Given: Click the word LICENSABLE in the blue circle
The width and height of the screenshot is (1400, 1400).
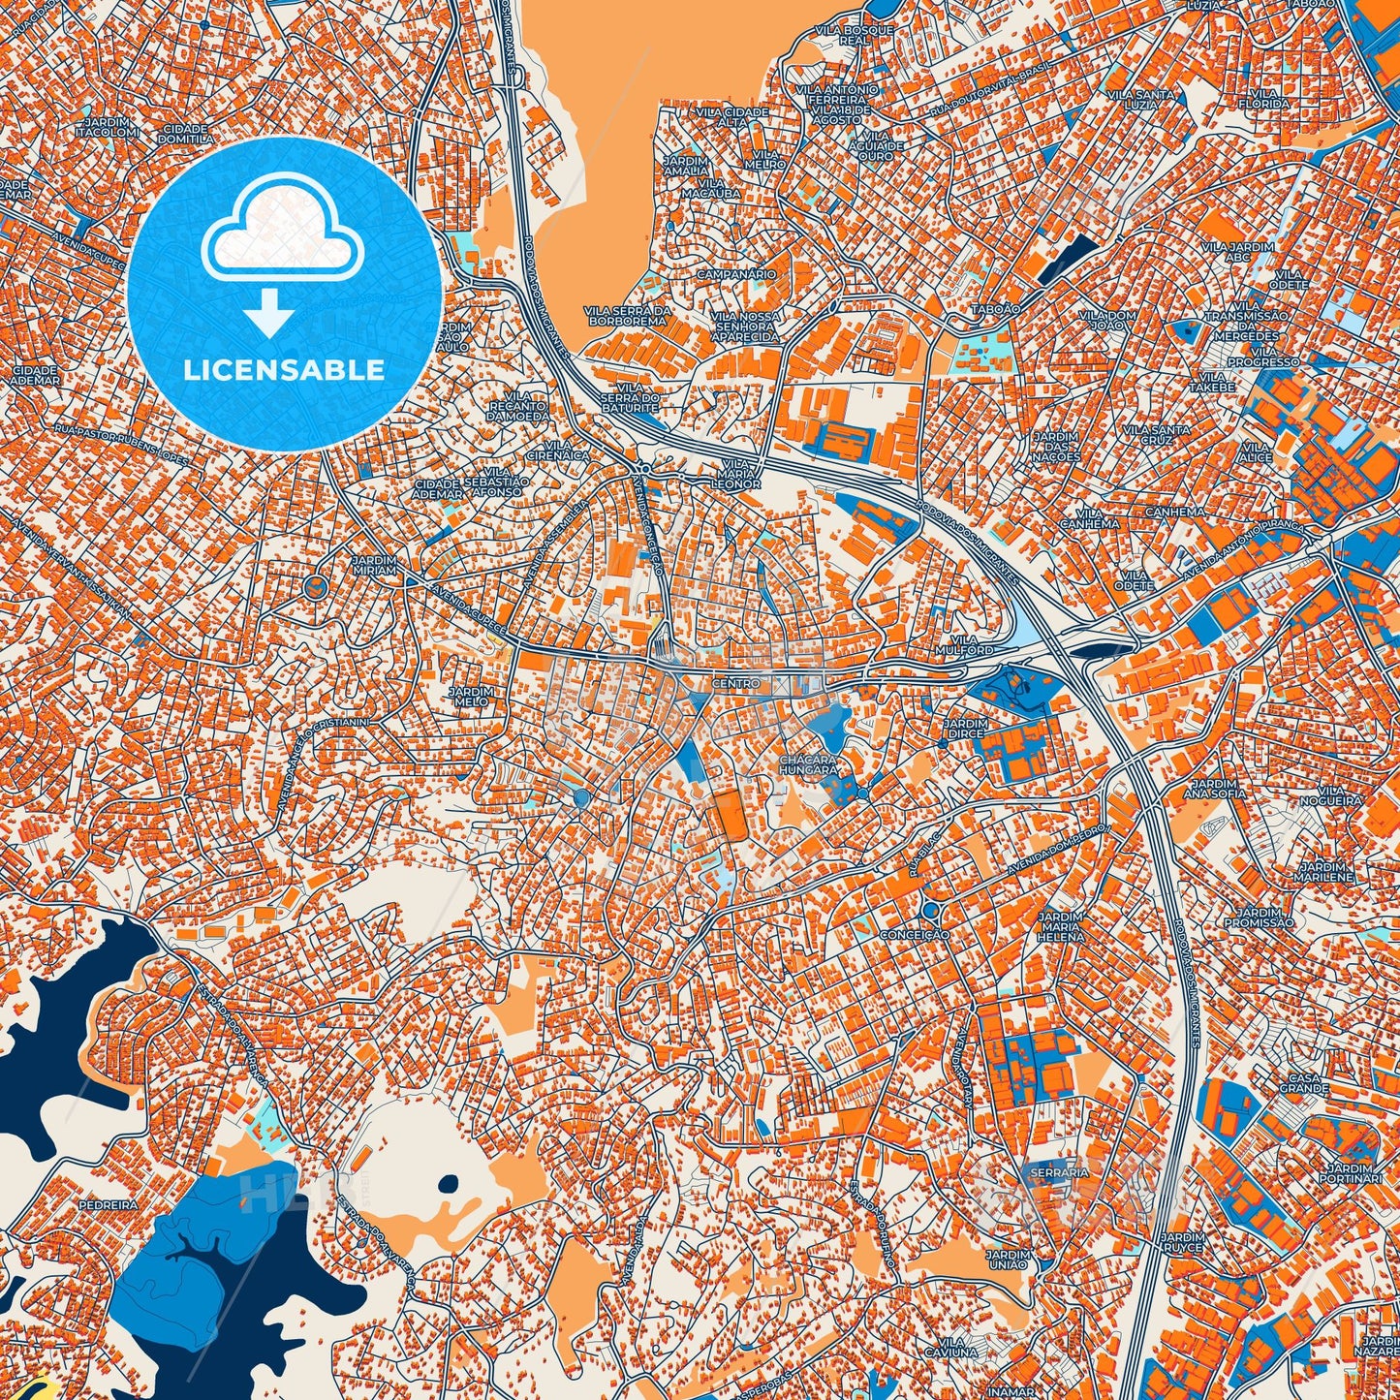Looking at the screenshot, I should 284,370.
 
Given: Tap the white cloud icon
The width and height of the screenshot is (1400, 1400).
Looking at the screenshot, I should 282,232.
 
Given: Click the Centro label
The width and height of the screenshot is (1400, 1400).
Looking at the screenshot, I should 736,684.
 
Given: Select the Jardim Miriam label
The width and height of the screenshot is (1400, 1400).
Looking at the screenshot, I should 374,566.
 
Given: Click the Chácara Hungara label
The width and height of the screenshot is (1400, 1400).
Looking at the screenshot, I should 808,764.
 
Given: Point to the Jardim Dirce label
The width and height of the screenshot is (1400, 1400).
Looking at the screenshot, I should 965,729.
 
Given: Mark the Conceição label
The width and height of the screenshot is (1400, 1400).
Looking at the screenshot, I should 915,935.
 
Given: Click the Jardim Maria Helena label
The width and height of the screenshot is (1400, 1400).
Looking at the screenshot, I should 1060,926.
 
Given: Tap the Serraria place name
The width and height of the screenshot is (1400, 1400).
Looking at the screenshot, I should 1060,1172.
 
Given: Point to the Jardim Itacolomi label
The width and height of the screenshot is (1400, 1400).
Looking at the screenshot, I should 111,127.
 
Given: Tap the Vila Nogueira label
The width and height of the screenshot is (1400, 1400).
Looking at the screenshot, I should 1338,795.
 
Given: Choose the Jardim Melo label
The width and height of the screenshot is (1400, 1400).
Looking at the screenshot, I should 471,698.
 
